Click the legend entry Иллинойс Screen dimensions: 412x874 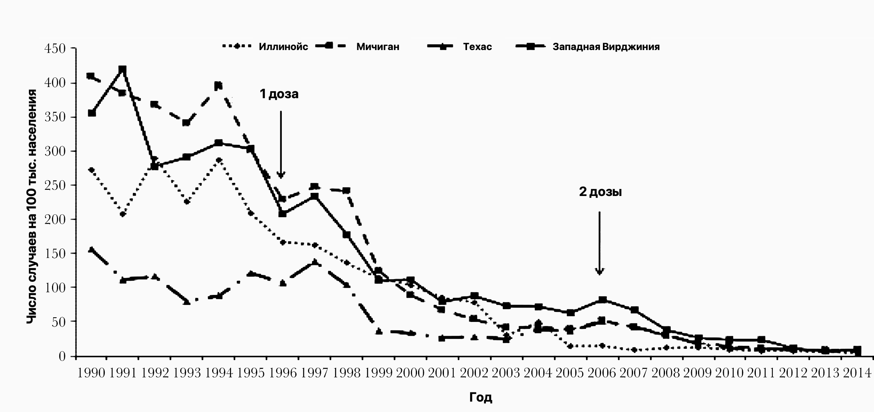coord(283,47)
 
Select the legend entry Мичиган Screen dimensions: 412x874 coord(377,47)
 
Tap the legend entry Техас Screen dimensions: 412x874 coord(477,47)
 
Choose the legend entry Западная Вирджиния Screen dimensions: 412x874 coord(606,47)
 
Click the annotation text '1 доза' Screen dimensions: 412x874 coord(279,94)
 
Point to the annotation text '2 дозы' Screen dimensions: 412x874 coord(600,192)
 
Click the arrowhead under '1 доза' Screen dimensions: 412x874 coord(281,175)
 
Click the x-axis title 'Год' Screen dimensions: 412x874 coord(481,397)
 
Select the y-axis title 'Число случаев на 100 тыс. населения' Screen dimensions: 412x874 coord(32,206)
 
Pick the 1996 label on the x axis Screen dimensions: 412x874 coord(283,373)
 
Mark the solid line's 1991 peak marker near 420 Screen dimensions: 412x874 coord(123,70)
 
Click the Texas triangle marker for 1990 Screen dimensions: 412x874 coord(91,250)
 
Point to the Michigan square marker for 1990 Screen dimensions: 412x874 coord(91,76)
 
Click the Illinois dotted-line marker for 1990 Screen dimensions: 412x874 coord(91,170)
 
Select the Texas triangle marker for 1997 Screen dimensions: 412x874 coord(315,262)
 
